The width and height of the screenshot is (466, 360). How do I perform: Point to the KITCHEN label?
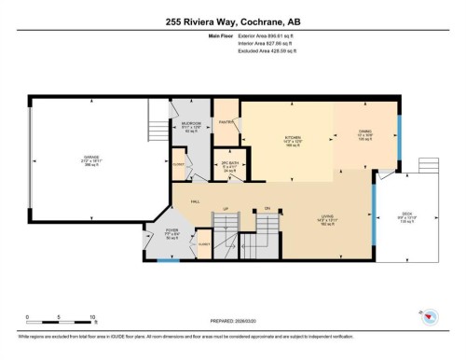(294, 137)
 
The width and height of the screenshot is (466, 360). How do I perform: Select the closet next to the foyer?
(203, 243)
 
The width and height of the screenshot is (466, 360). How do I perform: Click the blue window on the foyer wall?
(168, 260)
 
